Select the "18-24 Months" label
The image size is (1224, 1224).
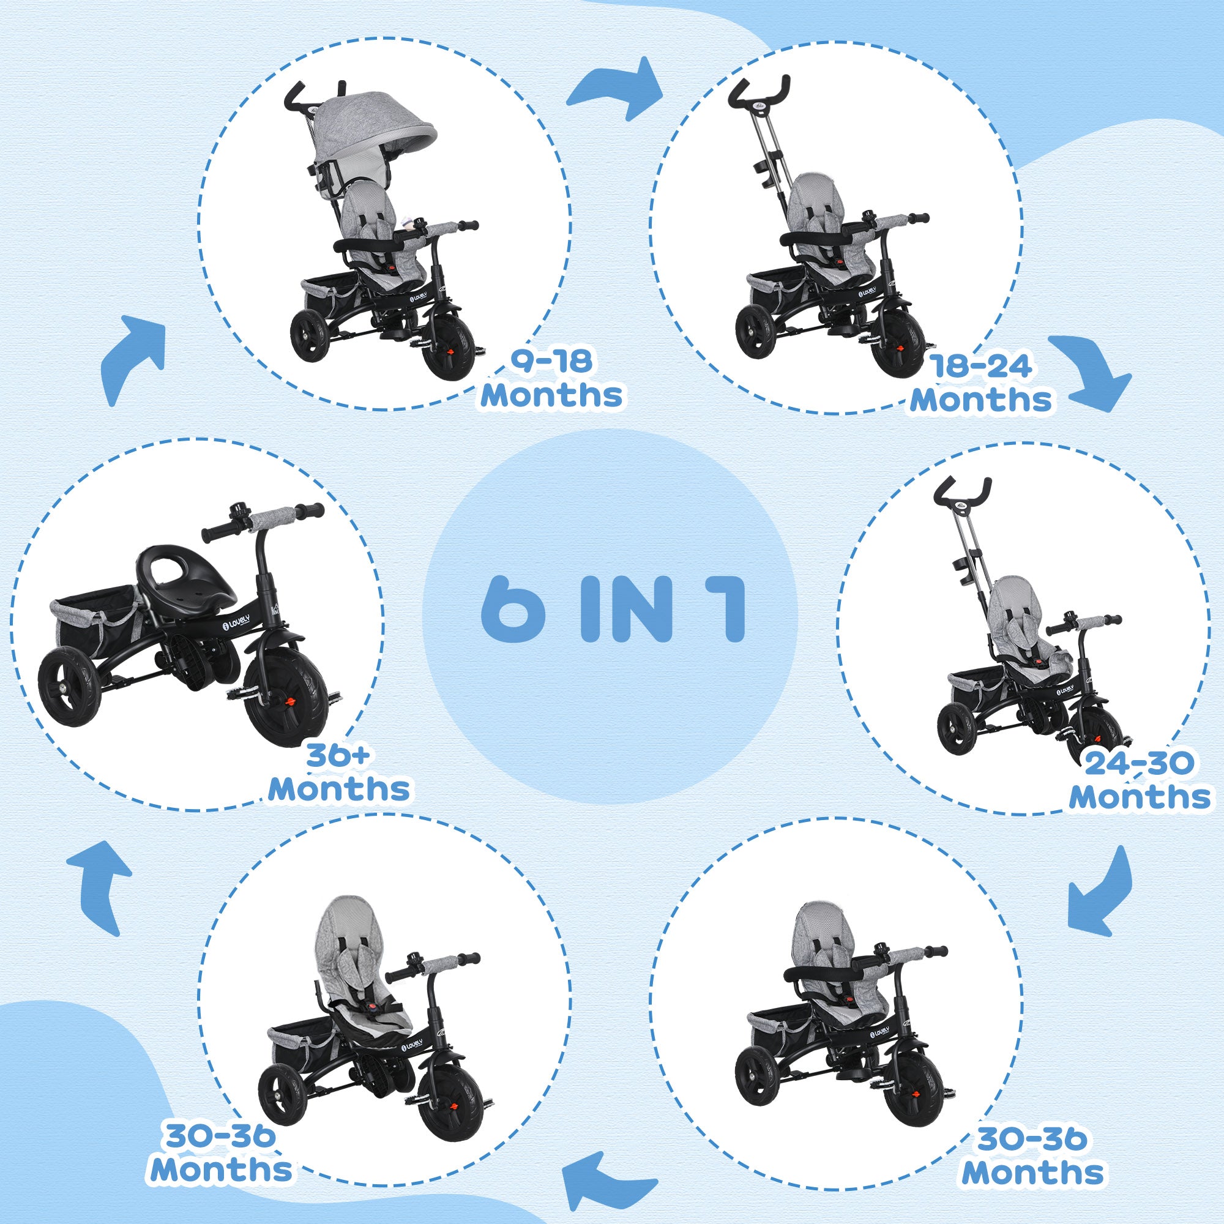(x=980, y=384)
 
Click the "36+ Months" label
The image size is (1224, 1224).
(x=339, y=773)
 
